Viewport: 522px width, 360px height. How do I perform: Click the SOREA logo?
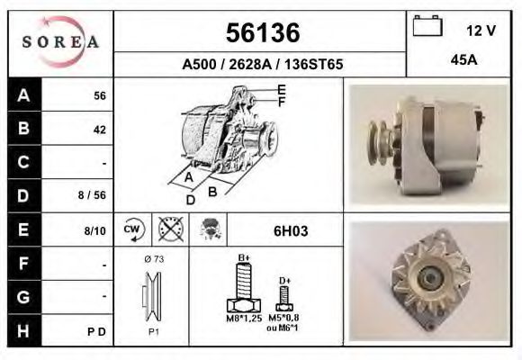[x=60, y=42]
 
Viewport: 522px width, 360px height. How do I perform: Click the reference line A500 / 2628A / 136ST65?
[x=261, y=65]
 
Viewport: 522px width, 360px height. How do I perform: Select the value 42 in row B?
[x=99, y=129]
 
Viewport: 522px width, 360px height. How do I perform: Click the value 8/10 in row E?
[x=94, y=230]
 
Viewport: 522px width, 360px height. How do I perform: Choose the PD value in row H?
[x=98, y=331]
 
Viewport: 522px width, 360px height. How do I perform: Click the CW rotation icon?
[x=132, y=229]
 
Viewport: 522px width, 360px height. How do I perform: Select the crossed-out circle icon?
[x=169, y=229]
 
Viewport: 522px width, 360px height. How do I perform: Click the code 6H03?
[x=290, y=230]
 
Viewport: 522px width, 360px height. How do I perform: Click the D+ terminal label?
[x=283, y=281]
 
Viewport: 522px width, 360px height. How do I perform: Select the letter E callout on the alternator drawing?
[x=282, y=89]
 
